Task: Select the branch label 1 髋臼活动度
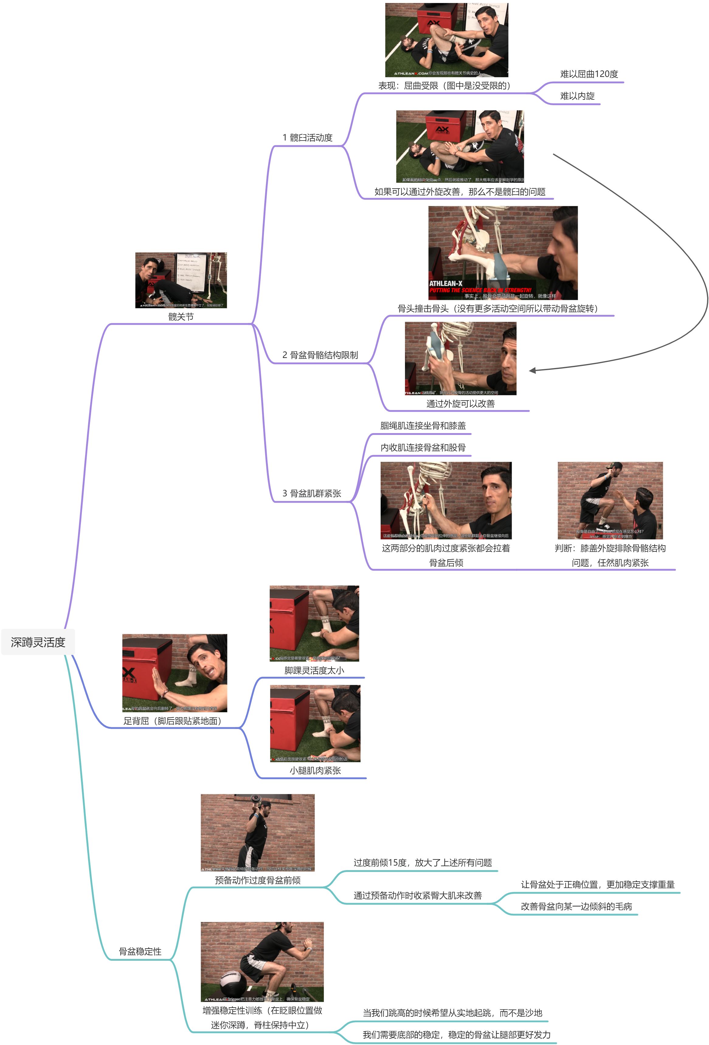click(x=307, y=137)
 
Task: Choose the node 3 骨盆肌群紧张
click(x=312, y=493)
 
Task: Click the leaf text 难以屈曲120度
click(x=589, y=74)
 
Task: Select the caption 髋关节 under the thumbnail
click(x=181, y=317)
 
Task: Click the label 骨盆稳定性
click(x=140, y=951)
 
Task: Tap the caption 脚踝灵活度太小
click(x=314, y=670)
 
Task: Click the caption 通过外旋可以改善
click(x=460, y=403)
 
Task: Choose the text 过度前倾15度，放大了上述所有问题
click(x=422, y=863)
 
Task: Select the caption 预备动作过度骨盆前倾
click(x=257, y=880)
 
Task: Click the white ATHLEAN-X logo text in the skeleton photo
click(x=445, y=283)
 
